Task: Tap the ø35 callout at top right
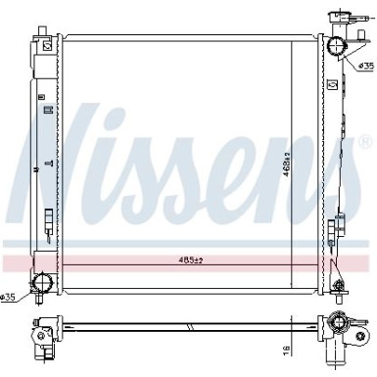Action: (x=363, y=68)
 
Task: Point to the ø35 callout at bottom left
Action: (x=9, y=297)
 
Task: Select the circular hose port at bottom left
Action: (x=41, y=283)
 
